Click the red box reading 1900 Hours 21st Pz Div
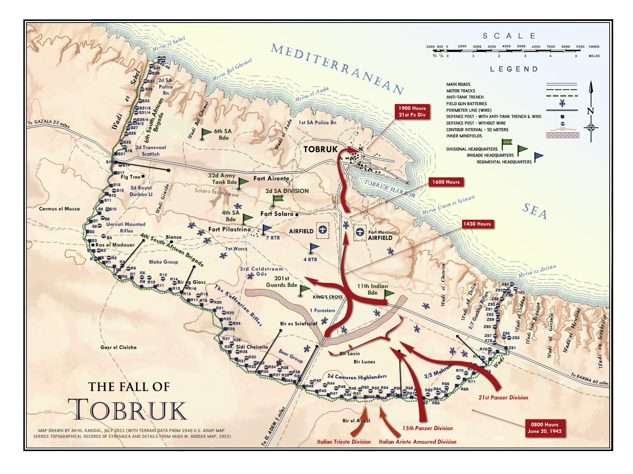(412, 111)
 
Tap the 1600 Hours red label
(445, 182)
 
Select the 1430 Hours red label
(477, 224)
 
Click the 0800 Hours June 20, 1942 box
(544, 428)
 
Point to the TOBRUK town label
(320, 149)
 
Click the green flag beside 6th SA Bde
(206, 133)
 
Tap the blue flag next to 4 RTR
(314, 248)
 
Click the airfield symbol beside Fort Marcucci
(360, 232)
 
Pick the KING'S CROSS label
(328, 297)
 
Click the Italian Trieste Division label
(343, 442)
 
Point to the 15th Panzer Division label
(427, 428)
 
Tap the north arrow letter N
(590, 111)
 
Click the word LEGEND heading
(514, 69)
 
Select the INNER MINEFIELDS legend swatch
(562, 136)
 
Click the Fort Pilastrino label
(229, 229)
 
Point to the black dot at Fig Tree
(143, 176)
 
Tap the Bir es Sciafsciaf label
(299, 323)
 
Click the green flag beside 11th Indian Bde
(389, 293)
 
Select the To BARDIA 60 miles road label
(589, 379)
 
